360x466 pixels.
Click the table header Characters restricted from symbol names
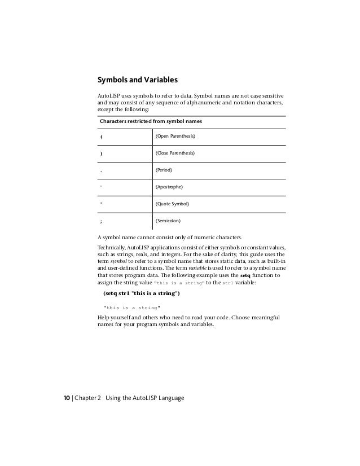(x=151, y=121)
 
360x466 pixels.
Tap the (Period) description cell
(x=164, y=169)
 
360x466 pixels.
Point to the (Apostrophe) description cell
(x=169, y=186)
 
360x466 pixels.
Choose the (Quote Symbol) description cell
(x=172, y=203)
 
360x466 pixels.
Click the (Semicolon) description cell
(x=168, y=221)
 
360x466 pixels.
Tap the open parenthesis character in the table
(x=101, y=137)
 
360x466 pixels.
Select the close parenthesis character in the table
(x=101, y=153)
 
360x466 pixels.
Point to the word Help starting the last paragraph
(x=104, y=318)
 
